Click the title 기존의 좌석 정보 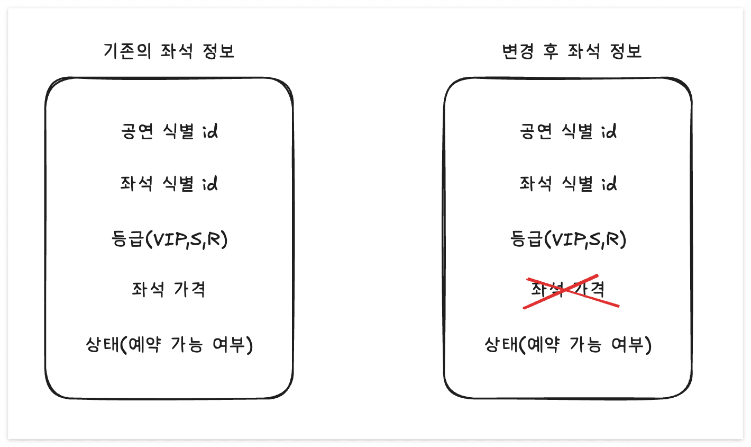click(169, 51)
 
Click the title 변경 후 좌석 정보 click(572, 51)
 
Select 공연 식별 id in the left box click(169, 131)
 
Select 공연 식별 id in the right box click(568, 131)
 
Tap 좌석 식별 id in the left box click(169, 184)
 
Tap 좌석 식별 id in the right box click(568, 184)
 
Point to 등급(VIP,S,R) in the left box click(169, 239)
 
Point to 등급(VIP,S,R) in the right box click(568, 239)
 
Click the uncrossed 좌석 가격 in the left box click(169, 289)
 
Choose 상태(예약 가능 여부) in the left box click(169, 345)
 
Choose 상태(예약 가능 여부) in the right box click(568, 345)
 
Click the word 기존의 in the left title click(127, 51)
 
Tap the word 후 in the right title click(551, 51)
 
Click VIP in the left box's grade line click(168, 239)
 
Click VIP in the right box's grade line click(566, 239)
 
